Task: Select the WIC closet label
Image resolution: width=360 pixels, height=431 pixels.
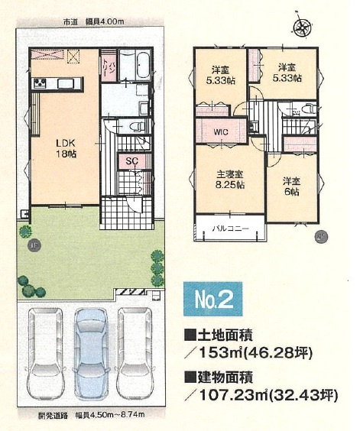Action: tap(221, 132)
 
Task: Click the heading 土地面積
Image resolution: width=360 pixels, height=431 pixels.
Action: tap(227, 335)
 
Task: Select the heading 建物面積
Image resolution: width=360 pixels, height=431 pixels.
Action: tap(227, 377)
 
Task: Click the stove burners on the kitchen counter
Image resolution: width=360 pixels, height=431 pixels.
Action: tap(41, 83)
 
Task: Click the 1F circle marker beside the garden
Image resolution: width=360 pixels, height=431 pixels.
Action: tap(34, 245)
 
